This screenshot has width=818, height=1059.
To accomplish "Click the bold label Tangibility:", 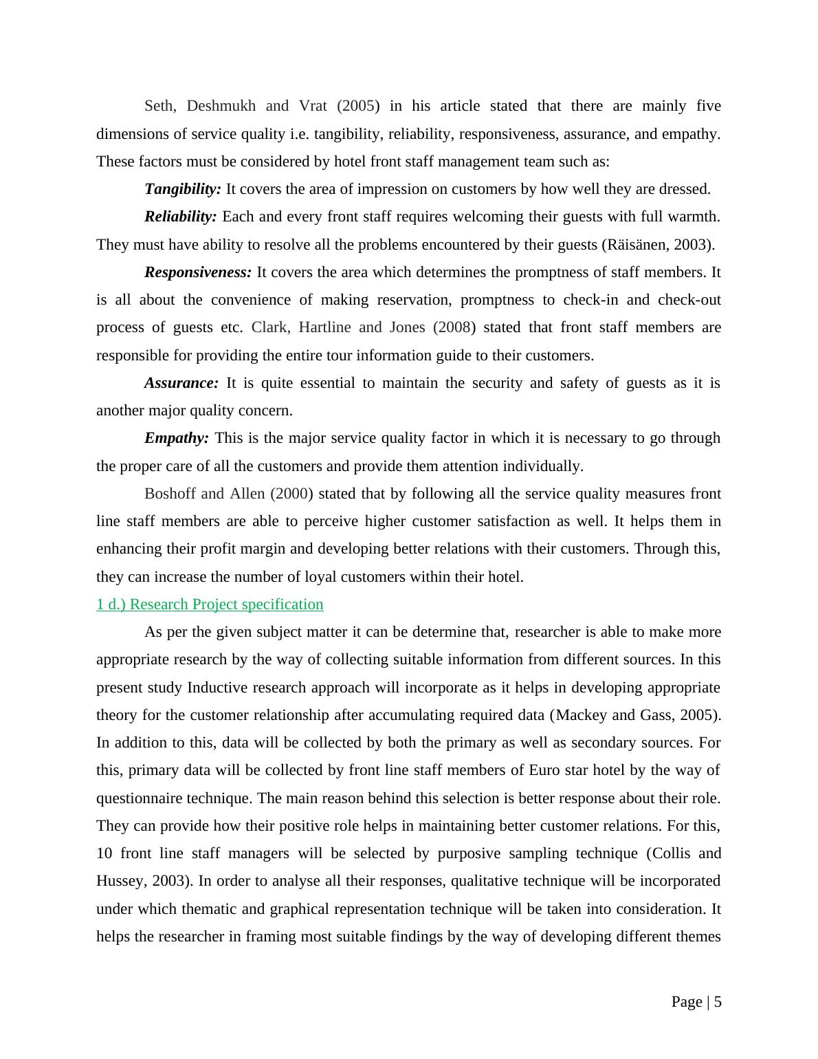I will (183, 189).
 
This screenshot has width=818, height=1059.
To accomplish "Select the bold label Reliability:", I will (181, 217).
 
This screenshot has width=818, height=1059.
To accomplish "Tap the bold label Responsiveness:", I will (198, 272).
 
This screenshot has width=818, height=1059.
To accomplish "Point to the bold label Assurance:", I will (181, 383).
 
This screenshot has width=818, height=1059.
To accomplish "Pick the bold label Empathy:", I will (177, 438).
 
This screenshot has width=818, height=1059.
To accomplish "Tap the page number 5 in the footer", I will (718, 1002).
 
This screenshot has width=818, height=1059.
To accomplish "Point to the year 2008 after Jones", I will (454, 327).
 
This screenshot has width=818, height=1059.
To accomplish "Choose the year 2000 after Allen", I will (291, 494).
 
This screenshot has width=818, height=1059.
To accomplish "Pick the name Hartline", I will (324, 327).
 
